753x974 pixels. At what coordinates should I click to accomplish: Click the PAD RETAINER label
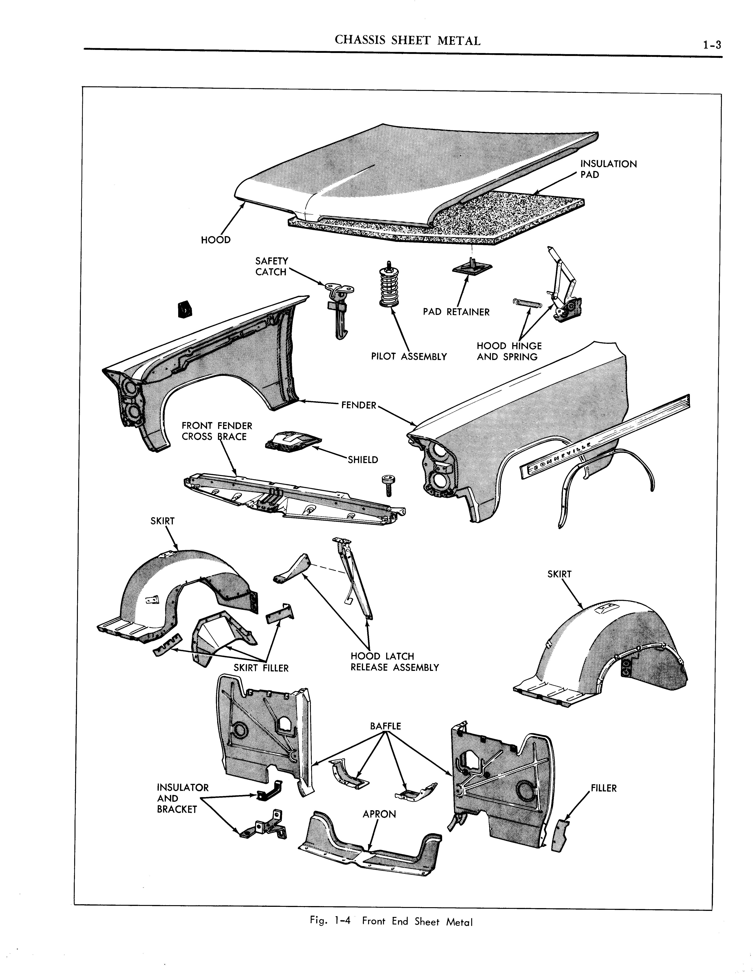456,312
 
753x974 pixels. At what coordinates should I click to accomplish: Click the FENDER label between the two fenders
359,405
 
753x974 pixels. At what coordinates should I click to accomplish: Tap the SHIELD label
363,460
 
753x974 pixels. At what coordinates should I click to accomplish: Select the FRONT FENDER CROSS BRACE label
217,431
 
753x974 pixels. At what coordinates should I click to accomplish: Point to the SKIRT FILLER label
261,681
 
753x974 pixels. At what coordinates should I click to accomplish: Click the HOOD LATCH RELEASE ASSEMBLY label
394,662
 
